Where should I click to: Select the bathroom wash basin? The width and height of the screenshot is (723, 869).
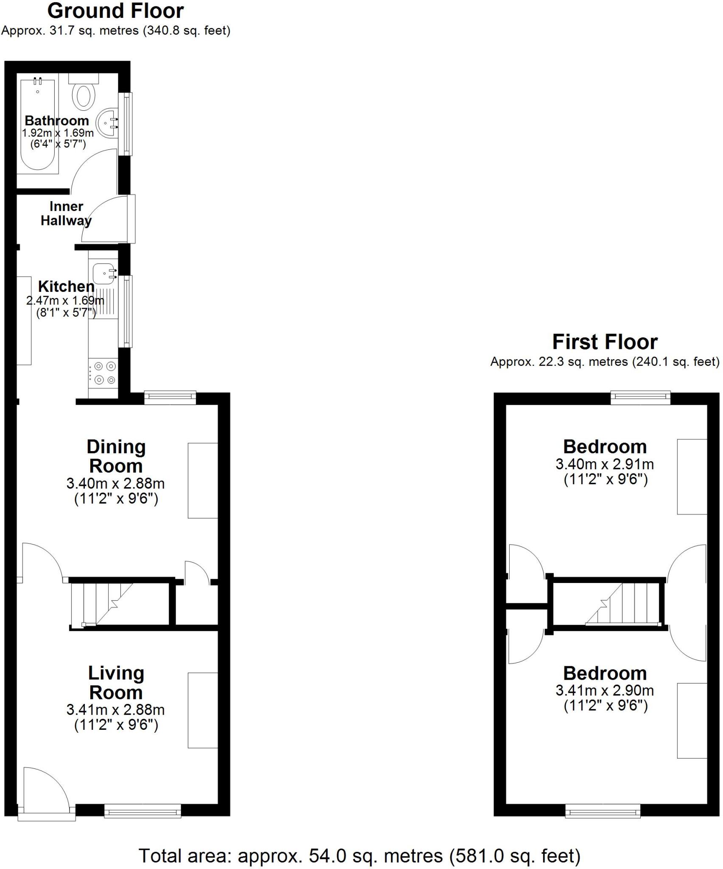(106, 123)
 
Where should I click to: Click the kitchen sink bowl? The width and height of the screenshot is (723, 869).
(102, 273)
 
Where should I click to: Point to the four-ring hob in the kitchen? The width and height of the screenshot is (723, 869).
(103, 373)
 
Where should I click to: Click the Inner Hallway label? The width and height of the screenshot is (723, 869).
(66, 213)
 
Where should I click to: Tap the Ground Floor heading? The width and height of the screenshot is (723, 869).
(115, 11)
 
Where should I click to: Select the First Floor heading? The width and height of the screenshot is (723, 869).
(605, 342)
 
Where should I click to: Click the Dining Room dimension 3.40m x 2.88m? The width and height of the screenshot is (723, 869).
(115, 483)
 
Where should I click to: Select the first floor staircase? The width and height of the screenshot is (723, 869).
(623, 604)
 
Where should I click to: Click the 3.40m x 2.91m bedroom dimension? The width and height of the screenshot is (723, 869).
(605, 464)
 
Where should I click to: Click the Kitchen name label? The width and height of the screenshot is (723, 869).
(66, 287)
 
